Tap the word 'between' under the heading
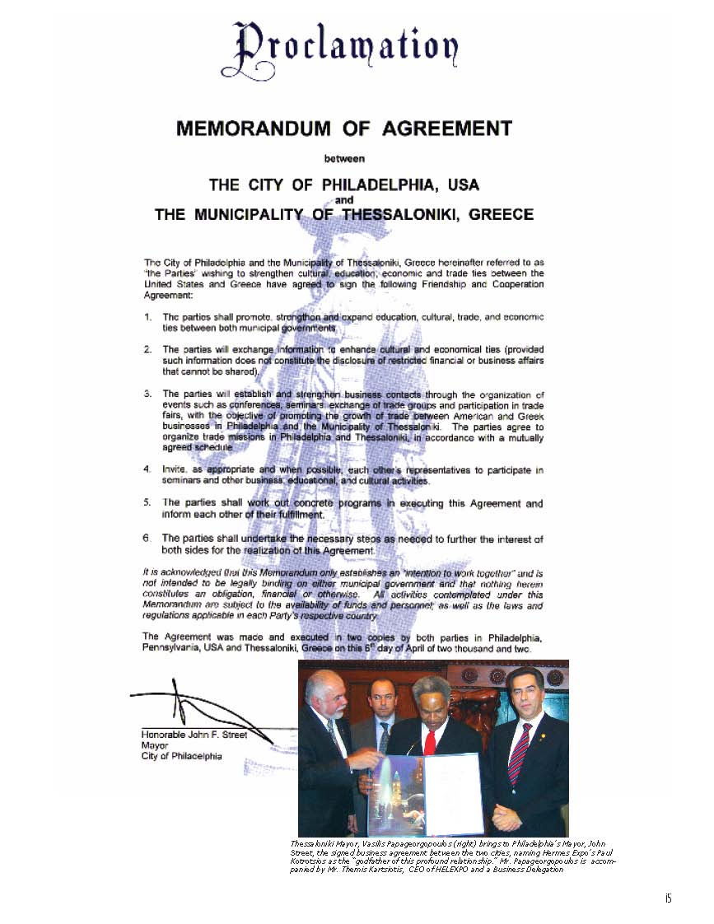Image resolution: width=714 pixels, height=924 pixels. tap(344, 157)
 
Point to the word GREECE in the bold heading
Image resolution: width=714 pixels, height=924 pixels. tap(501, 215)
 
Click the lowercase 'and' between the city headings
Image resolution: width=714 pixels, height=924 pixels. tap(344, 200)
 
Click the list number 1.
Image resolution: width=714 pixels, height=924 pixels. tap(147, 317)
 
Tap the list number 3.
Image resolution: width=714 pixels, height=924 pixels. tap(147, 394)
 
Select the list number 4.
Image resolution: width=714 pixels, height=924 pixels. tap(147, 470)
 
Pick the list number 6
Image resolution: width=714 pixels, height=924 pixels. tap(147, 539)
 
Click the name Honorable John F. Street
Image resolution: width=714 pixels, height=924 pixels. tap(194, 735)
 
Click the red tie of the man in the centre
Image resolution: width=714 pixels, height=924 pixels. tap(430, 741)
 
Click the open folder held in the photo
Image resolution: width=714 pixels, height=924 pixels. tap(425, 794)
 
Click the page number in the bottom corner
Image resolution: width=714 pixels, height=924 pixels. tap(668, 898)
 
